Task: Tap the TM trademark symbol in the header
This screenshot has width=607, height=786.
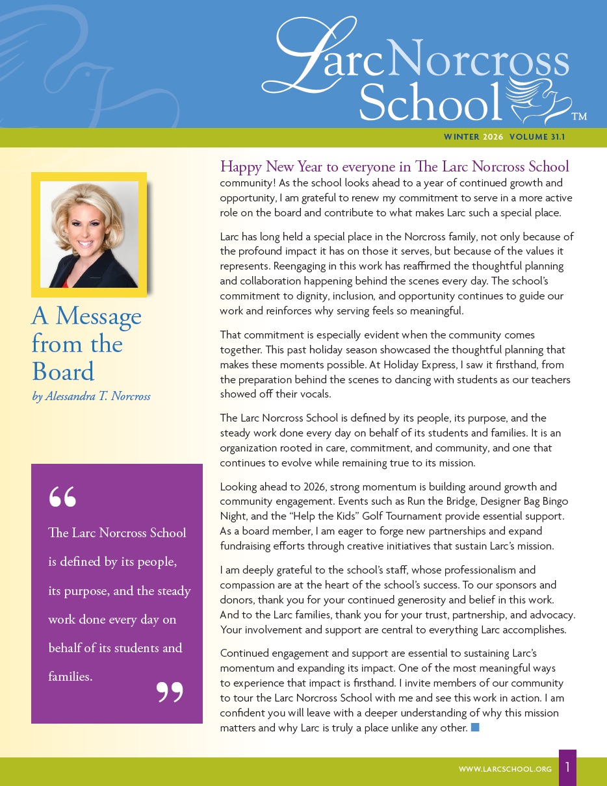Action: point(578,117)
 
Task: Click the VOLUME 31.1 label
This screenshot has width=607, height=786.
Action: point(537,137)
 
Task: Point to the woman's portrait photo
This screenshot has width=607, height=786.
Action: point(89,235)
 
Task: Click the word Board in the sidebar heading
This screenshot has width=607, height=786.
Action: point(63,372)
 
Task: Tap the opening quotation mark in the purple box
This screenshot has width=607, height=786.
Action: point(62,496)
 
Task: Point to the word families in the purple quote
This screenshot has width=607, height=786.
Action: point(69,676)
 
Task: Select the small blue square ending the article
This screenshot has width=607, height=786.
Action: point(475,727)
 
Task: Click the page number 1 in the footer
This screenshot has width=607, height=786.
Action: point(567,767)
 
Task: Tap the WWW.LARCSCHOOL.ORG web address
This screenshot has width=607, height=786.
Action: point(505,769)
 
